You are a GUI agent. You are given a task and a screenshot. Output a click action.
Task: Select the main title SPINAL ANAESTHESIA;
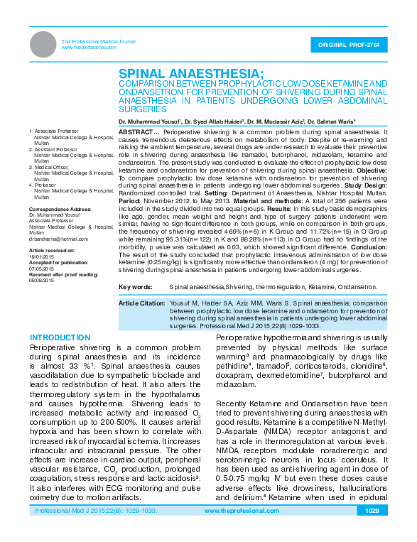click(190, 74)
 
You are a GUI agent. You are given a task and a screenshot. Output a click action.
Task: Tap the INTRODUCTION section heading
click(61, 337)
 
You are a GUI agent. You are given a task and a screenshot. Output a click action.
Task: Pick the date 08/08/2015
click(40, 280)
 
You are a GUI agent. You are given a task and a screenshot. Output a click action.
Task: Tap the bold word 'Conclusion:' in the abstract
click(367, 247)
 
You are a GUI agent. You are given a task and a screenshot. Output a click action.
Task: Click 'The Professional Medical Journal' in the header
click(98, 42)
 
